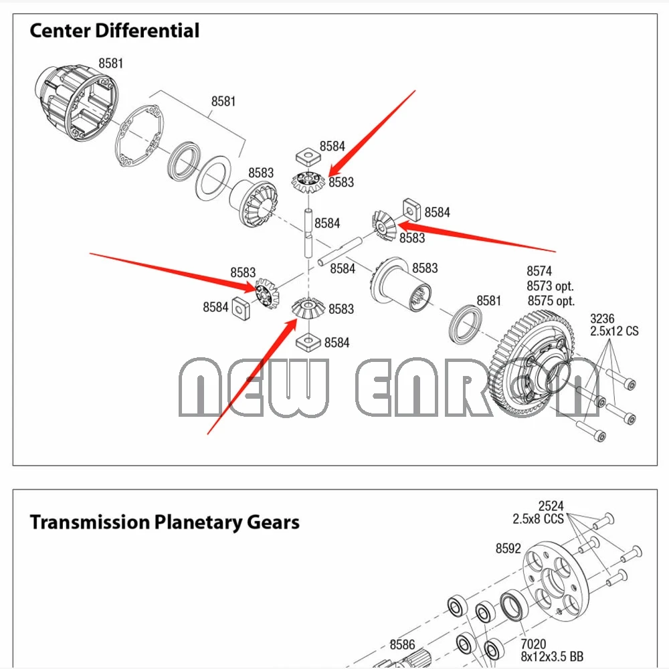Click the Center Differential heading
click(114, 31)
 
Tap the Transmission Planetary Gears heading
click(165, 522)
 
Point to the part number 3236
click(601, 318)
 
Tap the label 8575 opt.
click(551, 301)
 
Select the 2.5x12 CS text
click(613, 331)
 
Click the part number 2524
click(551, 506)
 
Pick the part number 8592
click(508, 548)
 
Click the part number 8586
click(402, 644)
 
